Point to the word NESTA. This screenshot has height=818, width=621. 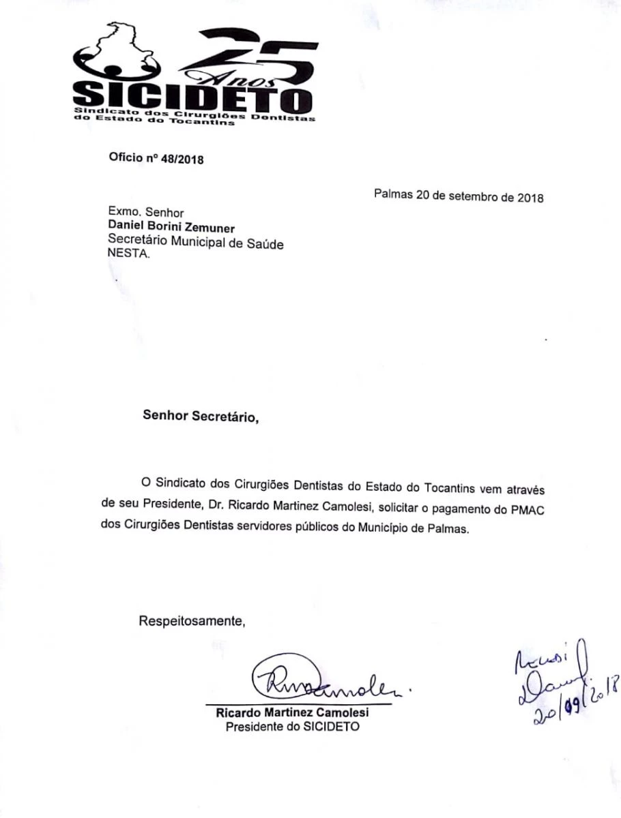point(126,255)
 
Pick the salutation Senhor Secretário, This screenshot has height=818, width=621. point(201,415)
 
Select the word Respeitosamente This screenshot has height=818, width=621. point(192,621)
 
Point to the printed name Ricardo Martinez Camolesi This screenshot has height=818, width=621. point(292,712)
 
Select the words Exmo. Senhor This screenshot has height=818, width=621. point(146,213)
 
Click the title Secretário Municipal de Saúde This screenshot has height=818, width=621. point(197,241)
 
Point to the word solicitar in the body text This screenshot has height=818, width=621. point(396,509)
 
